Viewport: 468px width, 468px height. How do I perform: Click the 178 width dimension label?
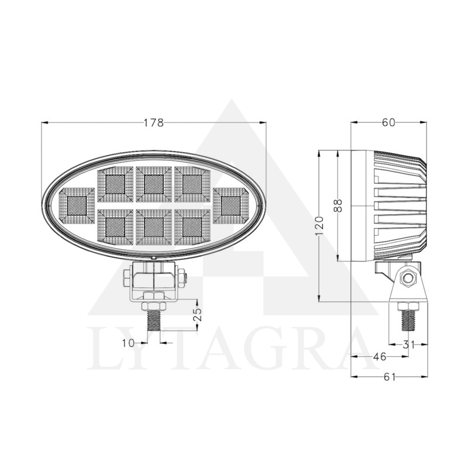[154, 123]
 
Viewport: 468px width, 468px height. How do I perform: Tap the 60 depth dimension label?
[388, 122]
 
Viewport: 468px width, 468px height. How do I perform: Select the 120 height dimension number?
[319, 225]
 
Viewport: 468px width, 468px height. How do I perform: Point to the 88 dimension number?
[338, 206]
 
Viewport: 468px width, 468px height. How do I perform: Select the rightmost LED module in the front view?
[231, 206]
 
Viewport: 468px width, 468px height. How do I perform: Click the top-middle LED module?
[154, 184]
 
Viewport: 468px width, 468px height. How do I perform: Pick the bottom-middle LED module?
[154, 226]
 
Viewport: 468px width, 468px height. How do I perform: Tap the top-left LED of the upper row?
[115, 184]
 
